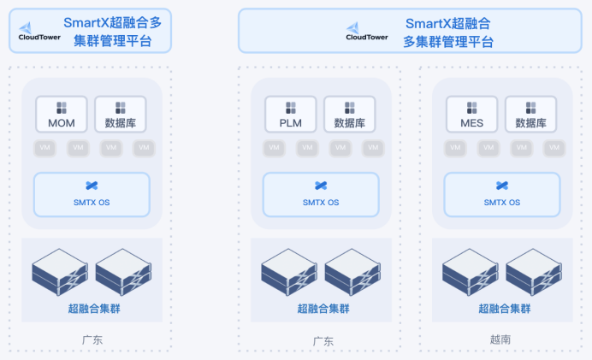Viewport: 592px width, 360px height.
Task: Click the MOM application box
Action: point(62,115)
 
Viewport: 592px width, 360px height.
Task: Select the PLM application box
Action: point(291,115)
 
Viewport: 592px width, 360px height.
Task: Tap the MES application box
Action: point(471,115)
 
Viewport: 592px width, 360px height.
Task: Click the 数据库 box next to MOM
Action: point(120,115)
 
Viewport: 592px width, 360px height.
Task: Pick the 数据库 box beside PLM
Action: point(349,115)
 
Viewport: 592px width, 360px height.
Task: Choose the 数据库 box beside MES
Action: point(530,115)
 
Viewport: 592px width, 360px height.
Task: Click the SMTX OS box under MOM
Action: point(92,194)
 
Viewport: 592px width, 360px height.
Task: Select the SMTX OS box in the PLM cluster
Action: point(321,194)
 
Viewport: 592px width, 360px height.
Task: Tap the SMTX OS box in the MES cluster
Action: point(501,194)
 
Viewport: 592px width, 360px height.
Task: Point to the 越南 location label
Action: point(501,339)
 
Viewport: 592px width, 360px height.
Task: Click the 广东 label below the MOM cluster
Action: point(92,339)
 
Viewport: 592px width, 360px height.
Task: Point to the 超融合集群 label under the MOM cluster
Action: point(92,309)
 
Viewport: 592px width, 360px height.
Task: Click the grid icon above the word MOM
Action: point(62,108)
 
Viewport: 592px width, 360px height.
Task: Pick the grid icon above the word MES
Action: point(471,108)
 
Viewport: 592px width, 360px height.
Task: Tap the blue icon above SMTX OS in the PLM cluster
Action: point(321,185)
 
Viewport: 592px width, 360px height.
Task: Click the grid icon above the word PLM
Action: point(291,108)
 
